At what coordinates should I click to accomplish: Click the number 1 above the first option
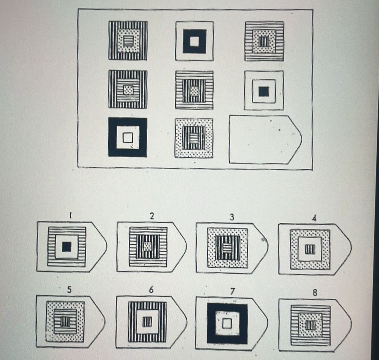(x=71, y=217)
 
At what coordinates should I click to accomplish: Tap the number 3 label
(x=231, y=217)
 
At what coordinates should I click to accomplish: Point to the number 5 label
(x=69, y=290)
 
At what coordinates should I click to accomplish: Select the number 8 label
(x=315, y=293)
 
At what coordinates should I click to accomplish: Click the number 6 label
(x=150, y=290)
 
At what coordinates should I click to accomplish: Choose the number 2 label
(x=152, y=217)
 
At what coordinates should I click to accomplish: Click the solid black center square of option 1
(x=67, y=247)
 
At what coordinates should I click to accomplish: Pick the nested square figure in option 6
(x=147, y=321)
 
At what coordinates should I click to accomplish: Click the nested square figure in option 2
(x=148, y=247)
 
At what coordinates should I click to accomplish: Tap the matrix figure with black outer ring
(x=128, y=137)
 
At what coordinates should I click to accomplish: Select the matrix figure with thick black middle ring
(x=194, y=41)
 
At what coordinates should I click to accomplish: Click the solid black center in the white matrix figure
(x=263, y=91)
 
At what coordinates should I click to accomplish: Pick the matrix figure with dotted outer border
(x=194, y=138)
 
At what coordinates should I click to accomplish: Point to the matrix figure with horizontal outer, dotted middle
(x=264, y=41)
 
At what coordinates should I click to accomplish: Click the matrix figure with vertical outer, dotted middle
(x=128, y=40)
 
